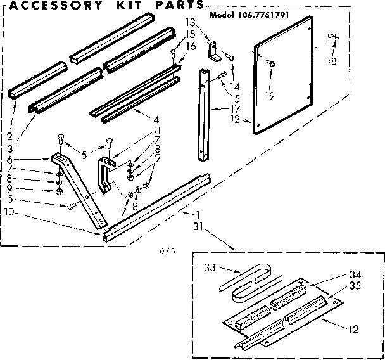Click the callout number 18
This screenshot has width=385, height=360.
tap(331, 61)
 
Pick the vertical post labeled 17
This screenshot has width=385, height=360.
tap(204, 114)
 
